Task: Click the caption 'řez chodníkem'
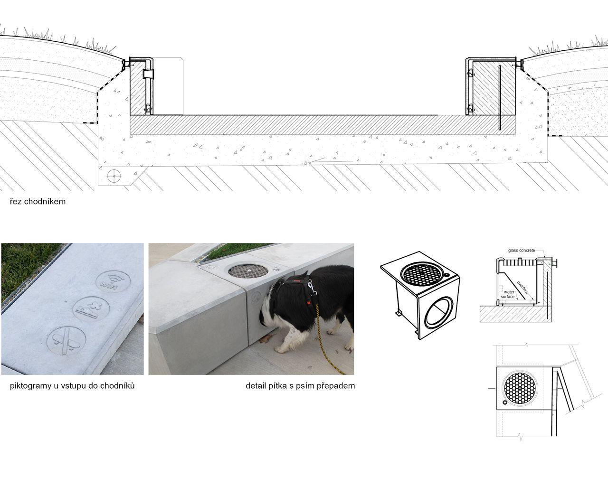coord(38,202)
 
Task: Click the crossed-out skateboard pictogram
coord(66,341)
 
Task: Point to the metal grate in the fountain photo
coord(248,271)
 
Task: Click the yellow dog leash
coord(328,339)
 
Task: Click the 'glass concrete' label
coord(521,251)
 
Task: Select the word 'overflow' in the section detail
coord(522,287)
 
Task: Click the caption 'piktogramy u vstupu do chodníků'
coord(72,386)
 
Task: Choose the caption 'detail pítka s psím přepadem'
coord(300,386)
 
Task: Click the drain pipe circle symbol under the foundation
coord(114,176)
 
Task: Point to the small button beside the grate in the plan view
coord(505,402)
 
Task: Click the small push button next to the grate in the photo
coord(275,270)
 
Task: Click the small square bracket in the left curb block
coord(148,74)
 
